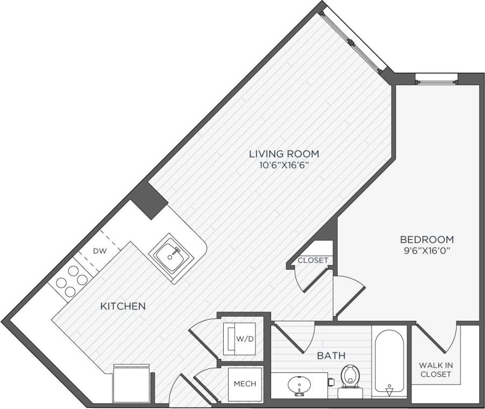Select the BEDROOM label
[427, 239]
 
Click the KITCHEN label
[123, 306]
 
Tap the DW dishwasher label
[99, 251]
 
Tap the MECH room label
[245, 384]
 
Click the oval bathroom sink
[298, 385]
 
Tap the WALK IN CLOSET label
[436, 369]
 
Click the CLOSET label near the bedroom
[313, 260]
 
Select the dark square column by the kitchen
[149, 199]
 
